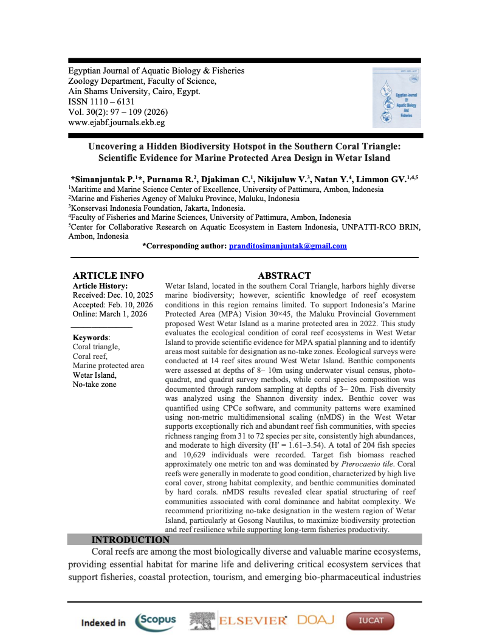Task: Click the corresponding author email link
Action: point(287,246)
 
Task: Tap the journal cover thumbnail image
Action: point(396,97)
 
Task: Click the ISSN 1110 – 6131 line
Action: point(101,101)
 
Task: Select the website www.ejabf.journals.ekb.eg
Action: point(117,122)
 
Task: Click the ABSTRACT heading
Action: point(284,276)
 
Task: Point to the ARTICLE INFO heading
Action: point(108,276)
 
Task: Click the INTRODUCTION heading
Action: point(130,539)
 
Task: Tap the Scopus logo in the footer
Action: point(156,621)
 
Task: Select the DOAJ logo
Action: point(316,620)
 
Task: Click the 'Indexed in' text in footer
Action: point(103,623)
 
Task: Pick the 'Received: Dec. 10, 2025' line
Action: point(112,295)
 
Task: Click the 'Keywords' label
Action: point(91,338)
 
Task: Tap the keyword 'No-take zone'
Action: point(94,384)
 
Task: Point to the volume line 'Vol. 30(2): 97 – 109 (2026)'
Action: point(118,112)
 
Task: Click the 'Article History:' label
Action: point(100,285)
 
